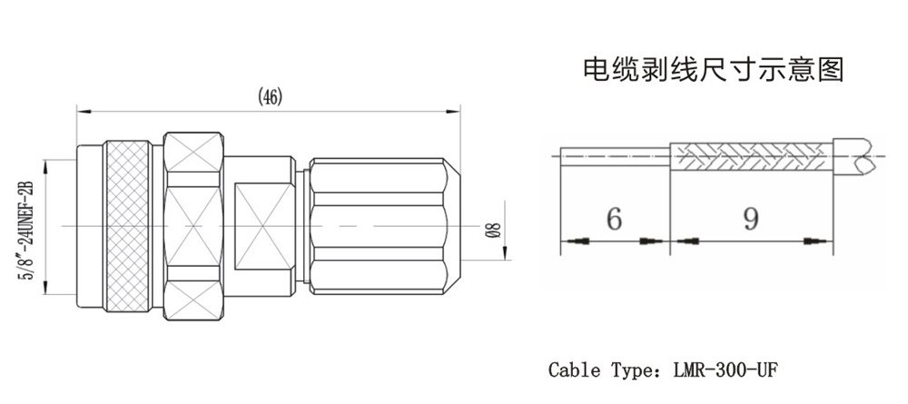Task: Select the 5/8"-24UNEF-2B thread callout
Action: coord(26,228)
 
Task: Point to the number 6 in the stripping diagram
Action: coord(613,219)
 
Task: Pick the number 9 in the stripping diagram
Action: coord(750,219)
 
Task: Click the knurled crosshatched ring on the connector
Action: coord(133,226)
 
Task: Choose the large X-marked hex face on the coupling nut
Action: coord(193,225)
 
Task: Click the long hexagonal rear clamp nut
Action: coord(377,225)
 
